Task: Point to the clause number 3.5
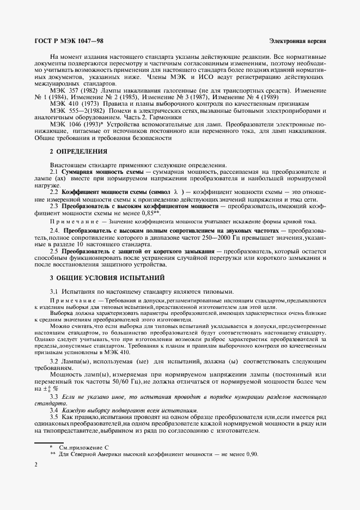54,416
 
